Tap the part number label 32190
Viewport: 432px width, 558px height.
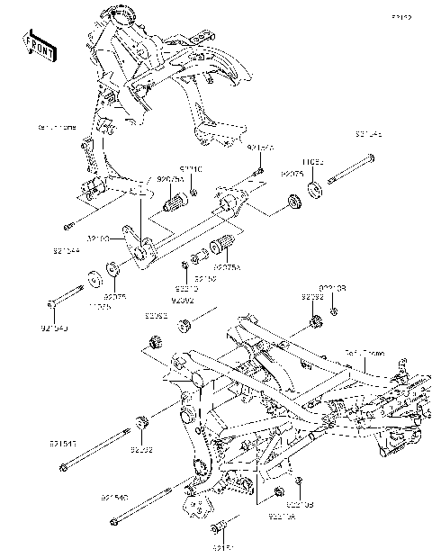coord(98,239)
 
